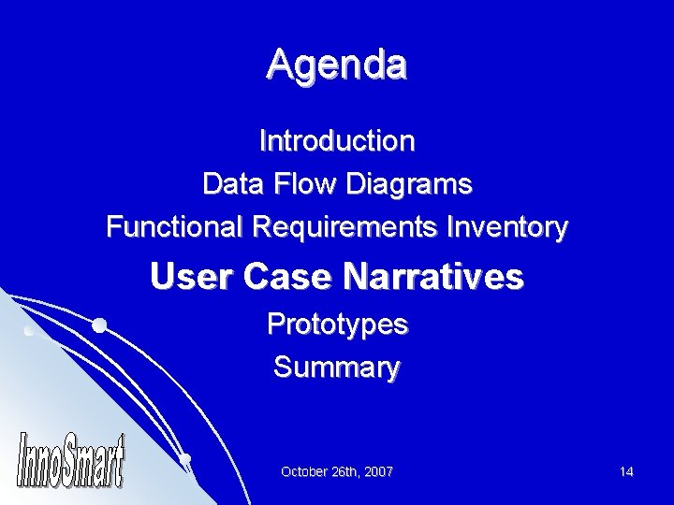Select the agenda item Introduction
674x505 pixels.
[337, 141]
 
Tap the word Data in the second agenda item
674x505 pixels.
[232, 184]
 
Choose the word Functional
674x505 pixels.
[175, 227]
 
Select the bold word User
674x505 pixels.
[186, 277]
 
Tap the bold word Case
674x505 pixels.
[285, 277]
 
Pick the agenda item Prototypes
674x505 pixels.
[337, 325]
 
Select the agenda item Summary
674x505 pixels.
[337, 368]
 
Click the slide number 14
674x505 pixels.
[626, 472]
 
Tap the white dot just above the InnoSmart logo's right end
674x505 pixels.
[186, 458]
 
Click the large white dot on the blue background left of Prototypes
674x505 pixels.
[98, 325]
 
